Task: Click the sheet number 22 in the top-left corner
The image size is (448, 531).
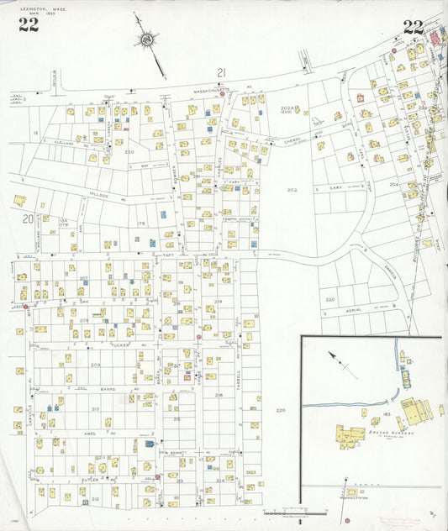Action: (x=29, y=25)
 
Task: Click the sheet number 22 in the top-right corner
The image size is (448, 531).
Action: (x=413, y=26)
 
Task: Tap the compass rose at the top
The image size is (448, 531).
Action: (x=148, y=39)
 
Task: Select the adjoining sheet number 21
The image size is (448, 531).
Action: (x=221, y=72)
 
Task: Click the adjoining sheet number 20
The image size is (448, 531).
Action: (x=28, y=218)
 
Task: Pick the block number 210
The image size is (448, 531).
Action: (x=95, y=409)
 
